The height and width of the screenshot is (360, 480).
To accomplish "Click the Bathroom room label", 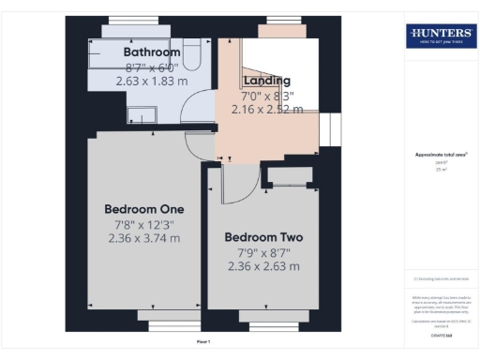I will click(x=152, y=52).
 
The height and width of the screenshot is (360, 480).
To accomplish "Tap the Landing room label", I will click(x=267, y=81).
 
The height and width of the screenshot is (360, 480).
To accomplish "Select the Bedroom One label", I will click(x=143, y=208).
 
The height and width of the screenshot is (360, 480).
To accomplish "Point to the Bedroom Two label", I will click(x=263, y=237).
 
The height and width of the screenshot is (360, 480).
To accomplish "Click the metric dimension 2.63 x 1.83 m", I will click(x=152, y=82).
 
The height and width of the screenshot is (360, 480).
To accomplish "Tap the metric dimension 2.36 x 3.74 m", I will click(x=143, y=238).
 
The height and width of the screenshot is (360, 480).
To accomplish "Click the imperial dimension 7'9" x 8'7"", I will click(x=263, y=252).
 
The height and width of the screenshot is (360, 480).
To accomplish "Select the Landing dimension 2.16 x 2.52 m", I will click(x=267, y=110).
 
